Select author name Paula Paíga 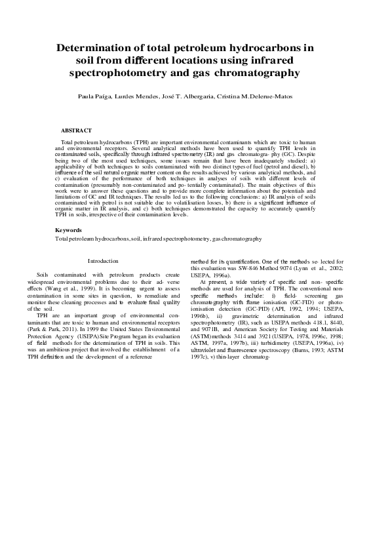click(x=96, y=96)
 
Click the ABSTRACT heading click(x=76, y=131)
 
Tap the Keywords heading click(x=69, y=230)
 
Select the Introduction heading click(x=103, y=261)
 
